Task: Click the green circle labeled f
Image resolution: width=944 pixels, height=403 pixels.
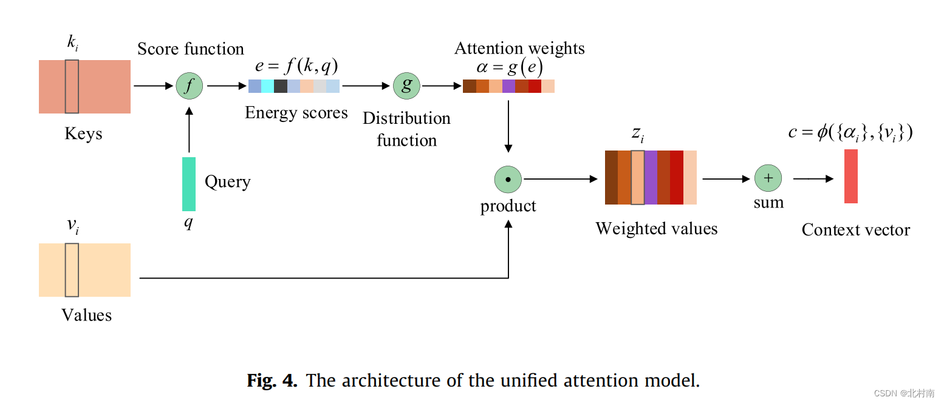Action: (x=190, y=86)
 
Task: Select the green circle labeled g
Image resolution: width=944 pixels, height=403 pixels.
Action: (x=406, y=86)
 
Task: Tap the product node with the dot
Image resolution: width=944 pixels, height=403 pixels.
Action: (x=508, y=179)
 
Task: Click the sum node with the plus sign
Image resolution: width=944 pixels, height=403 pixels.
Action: (x=768, y=178)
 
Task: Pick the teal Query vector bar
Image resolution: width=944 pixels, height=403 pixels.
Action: (x=189, y=184)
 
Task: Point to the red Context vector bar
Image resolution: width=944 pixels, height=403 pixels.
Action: (x=850, y=176)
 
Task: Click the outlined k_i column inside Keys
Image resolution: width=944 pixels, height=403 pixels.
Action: (x=72, y=86)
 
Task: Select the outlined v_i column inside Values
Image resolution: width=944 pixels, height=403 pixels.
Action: (x=72, y=270)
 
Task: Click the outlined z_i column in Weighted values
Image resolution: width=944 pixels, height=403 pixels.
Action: (x=637, y=177)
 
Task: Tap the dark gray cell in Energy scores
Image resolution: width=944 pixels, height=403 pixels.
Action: (x=281, y=86)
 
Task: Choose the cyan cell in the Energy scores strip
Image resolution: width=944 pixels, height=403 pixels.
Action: (x=267, y=86)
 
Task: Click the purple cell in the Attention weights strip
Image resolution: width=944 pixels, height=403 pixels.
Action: (x=508, y=86)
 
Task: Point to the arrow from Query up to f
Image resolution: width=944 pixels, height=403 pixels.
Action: (x=189, y=130)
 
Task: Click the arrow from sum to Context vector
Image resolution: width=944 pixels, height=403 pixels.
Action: (x=813, y=178)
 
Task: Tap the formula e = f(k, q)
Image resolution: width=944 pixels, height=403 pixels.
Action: (x=296, y=66)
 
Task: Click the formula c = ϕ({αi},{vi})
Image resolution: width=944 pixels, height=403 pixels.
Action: (x=850, y=132)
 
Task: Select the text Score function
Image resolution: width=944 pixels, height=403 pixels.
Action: (x=190, y=49)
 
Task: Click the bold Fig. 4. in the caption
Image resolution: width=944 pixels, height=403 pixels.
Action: (x=272, y=381)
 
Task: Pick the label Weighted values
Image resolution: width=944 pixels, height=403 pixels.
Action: (x=656, y=228)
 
